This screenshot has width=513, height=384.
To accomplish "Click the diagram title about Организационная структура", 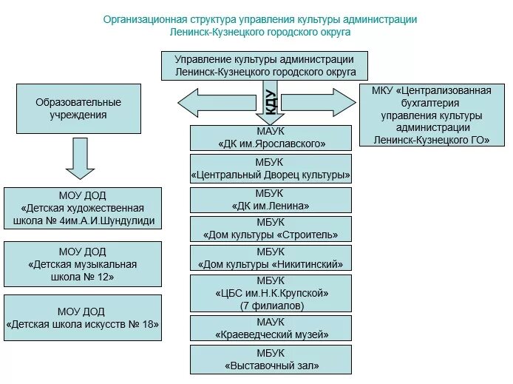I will point(259,25).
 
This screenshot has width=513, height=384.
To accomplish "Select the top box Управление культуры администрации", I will point(265,65).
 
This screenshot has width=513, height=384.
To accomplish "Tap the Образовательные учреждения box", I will point(78,108).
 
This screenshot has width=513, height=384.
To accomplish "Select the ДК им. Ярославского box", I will point(271,138).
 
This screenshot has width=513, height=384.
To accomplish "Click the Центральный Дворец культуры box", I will point(271,169).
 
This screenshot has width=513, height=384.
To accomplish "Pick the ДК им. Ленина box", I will point(271,200).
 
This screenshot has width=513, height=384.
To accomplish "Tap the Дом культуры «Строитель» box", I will point(271,229).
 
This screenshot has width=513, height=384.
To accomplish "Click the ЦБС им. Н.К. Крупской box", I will point(271,293).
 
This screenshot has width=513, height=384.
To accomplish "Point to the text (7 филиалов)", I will point(271,305).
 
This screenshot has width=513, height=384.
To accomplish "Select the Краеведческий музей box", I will point(271,329).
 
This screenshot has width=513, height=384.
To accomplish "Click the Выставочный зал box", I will point(271,359).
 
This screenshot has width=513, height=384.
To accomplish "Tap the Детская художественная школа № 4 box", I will point(83,209).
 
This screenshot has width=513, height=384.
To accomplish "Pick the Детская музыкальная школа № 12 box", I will point(83,264).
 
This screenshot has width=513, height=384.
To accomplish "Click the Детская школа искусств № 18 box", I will point(83,317).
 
